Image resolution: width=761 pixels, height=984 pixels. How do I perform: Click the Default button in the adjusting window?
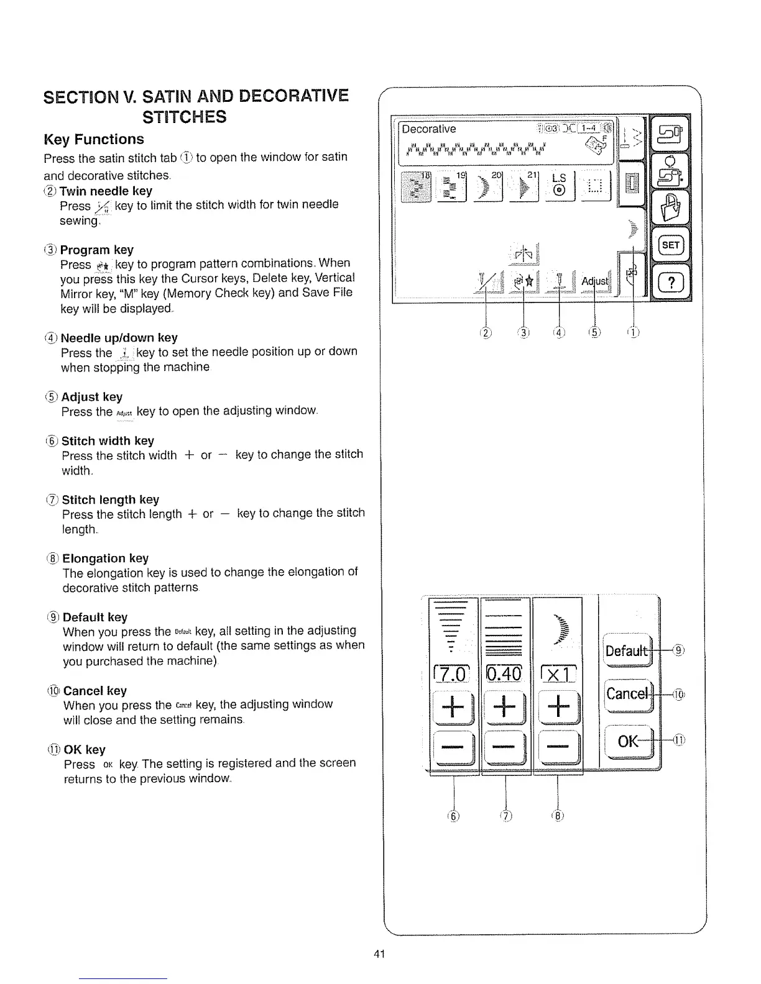pyautogui.click(x=627, y=650)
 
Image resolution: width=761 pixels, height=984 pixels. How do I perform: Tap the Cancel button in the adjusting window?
pyautogui.click(x=627, y=693)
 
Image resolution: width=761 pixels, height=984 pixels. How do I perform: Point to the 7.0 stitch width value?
pyautogui.click(x=453, y=673)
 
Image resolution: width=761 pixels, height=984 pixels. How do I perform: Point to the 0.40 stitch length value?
pyautogui.click(x=505, y=673)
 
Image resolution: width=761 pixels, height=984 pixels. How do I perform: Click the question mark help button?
pyautogui.click(x=670, y=283)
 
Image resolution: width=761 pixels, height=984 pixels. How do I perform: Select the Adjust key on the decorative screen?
pyautogui.click(x=595, y=282)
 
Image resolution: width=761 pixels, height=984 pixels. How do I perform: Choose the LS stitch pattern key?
pyautogui.click(x=559, y=186)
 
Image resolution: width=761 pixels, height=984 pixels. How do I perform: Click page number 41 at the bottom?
pyautogui.click(x=380, y=954)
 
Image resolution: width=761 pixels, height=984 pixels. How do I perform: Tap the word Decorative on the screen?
pyautogui.click(x=429, y=129)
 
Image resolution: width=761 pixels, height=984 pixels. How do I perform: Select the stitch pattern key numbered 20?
pyautogui.click(x=488, y=186)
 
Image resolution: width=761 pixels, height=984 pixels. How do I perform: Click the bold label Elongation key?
pyautogui.click(x=105, y=558)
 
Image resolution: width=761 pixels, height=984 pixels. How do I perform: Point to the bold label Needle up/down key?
pyautogui.click(x=119, y=337)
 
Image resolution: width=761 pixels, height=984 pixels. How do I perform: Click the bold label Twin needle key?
pyautogui.click(x=106, y=191)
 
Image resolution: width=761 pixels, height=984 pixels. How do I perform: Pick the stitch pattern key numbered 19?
pyautogui.click(x=452, y=186)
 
